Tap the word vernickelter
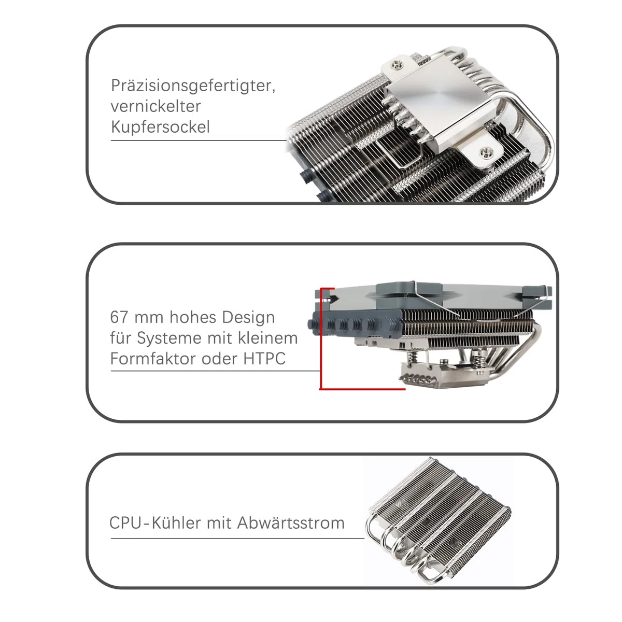pyautogui.click(x=155, y=106)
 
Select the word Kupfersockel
pyautogui.click(x=160, y=128)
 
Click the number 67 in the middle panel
pyautogui.click(x=119, y=317)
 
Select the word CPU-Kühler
pyautogui.click(x=155, y=522)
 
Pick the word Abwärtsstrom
pyautogui.click(x=290, y=522)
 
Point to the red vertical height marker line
pyautogui.click(x=321, y=338)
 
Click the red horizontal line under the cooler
pyautogui.click(x=362, y=389)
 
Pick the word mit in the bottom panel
pyautogui.click(x=219, y=523)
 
